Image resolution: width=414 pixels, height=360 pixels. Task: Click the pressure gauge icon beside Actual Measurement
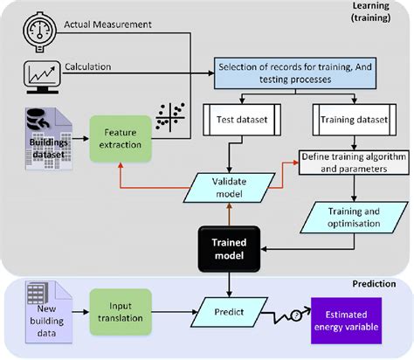point(37,24)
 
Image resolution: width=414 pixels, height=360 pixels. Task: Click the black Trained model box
point(229,247)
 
